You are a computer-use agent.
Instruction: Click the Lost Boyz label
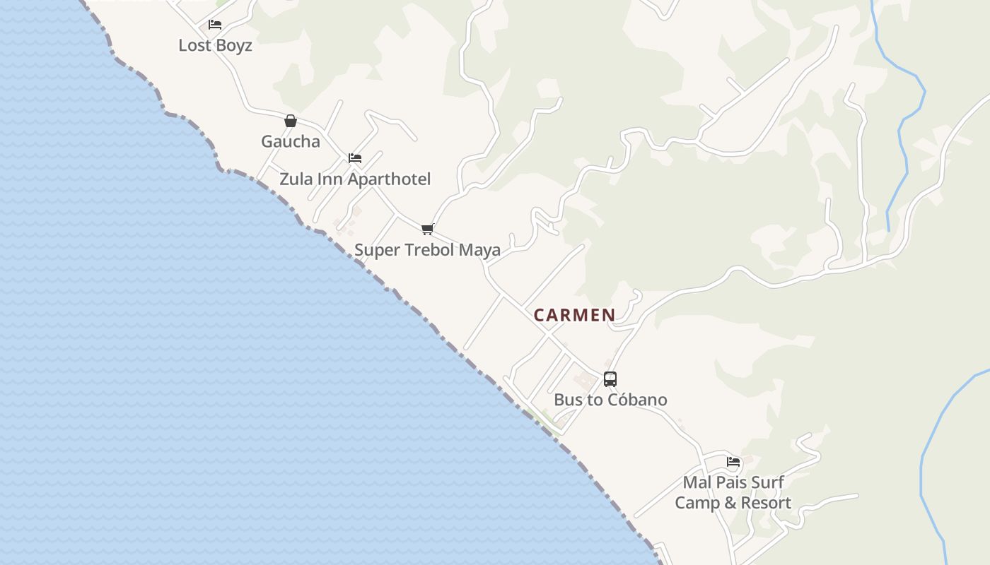[x=215, y=45]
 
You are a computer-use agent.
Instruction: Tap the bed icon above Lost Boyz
[x=215, y=25]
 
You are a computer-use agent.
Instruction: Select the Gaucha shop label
[x=291, y=141]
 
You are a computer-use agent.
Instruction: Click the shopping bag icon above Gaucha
[x=291, y=121]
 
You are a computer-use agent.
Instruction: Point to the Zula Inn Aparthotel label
[x=355, y=179]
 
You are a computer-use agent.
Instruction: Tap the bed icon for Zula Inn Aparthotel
[x=355, y=158]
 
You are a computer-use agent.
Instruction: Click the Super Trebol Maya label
[x=427, y=249]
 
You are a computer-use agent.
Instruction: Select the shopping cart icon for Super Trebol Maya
[x=427, y=229]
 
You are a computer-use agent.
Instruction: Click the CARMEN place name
[x=574, y=315]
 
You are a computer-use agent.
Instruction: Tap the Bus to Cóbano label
[x=610, y=400]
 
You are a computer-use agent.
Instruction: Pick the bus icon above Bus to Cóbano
[x=610, y=379]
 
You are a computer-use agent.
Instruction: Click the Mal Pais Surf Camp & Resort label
[x=733, y=493]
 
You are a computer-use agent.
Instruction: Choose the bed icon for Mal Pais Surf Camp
[x=733, y=463]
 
